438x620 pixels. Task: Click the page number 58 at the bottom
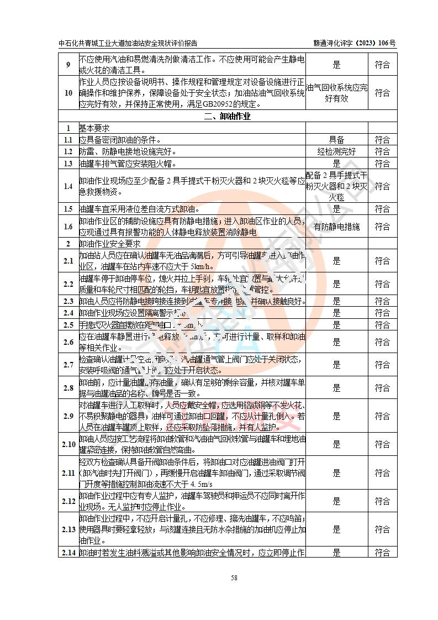click(x=234, y=578)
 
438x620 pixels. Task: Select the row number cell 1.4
click(x=68, y=186)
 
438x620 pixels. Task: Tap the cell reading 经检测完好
click(x=336, y=151)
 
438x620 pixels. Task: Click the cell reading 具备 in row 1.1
click(x=336, y=140)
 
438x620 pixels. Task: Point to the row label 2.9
click(x=68, y=416)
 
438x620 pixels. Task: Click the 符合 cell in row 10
click(x=382, y=93)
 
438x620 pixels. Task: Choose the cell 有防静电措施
click(x=336, y=227)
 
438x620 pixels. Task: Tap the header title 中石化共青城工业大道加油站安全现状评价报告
click(x=128, y=43)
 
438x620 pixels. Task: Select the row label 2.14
click(x=68, y=552)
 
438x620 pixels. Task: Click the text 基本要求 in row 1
click(x=94, y=128)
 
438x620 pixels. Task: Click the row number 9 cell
click(x=68, y=65)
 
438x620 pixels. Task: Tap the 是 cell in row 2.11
click(x=336, y=473)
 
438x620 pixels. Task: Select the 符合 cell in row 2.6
click(x=382, y=342)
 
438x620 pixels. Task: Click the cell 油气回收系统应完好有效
click(x=336, y=93)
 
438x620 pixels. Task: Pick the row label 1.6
click(x=68, y=227)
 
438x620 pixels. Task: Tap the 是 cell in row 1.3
click(x=336, y=164)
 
